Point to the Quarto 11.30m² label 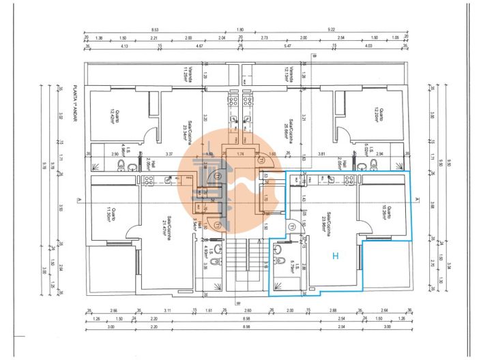pyautogui.click(x=113, y=213)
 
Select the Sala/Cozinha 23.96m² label pyautogui.click(x=327, y=221)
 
